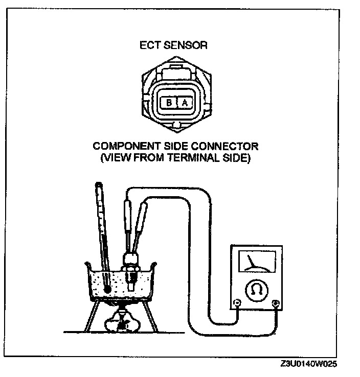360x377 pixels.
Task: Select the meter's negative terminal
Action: [x=236, y=304]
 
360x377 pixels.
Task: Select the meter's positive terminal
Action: [x=277, y=304]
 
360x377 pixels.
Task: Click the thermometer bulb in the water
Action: [x=107, y=289]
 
